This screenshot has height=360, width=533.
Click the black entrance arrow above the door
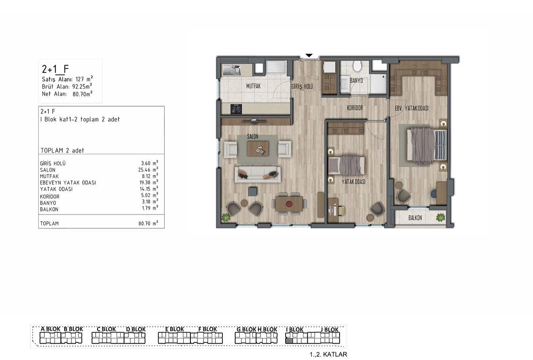(x=309, y=56)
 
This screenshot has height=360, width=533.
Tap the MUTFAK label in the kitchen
(x=253, y=86)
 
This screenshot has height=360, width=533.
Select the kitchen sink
(x=232, y=70)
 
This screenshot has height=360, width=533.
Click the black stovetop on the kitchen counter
(x=236, y=109)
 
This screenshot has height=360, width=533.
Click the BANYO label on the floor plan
(x=357, y=81)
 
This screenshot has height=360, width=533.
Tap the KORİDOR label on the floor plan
(x=355, y=108)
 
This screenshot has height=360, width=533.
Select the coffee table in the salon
(x=258, y=149)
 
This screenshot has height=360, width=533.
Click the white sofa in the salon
(x=258, y=175)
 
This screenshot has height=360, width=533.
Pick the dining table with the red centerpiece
(x=289, y=204)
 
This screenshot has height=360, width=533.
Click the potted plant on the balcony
(x=441, y=218)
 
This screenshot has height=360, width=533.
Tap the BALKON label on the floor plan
(x=415, y=218)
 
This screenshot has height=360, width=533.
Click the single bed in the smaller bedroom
(x=347, y=165)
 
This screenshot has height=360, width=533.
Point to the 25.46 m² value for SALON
(x=148, y=169)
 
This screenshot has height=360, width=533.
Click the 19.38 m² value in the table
(x=149, y=182)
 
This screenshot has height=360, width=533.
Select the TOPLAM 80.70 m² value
(x=148, y=223)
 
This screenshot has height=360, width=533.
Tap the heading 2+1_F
(x=55, y=69)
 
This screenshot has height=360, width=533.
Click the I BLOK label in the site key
(x=295, y=329)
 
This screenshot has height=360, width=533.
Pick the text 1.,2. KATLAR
(x=328, y=354)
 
